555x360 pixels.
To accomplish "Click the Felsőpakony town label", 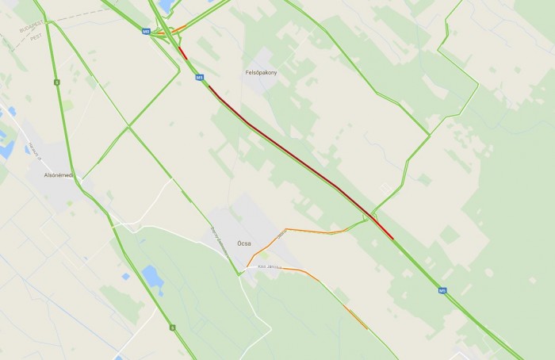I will click(x=262, y=73).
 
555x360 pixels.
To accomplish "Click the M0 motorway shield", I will click(x=146, y=33).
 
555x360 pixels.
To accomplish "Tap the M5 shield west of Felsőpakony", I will click(x=200, y=78).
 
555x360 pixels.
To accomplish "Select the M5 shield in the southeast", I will click(x=442, y=290).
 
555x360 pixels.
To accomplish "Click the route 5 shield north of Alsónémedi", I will click(x=56, y=82).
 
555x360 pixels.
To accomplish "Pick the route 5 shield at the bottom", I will click(x=171, y=326).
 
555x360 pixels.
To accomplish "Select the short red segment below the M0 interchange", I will click(x=183, y=54).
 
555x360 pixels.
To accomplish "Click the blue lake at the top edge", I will click(x=166, y=5).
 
